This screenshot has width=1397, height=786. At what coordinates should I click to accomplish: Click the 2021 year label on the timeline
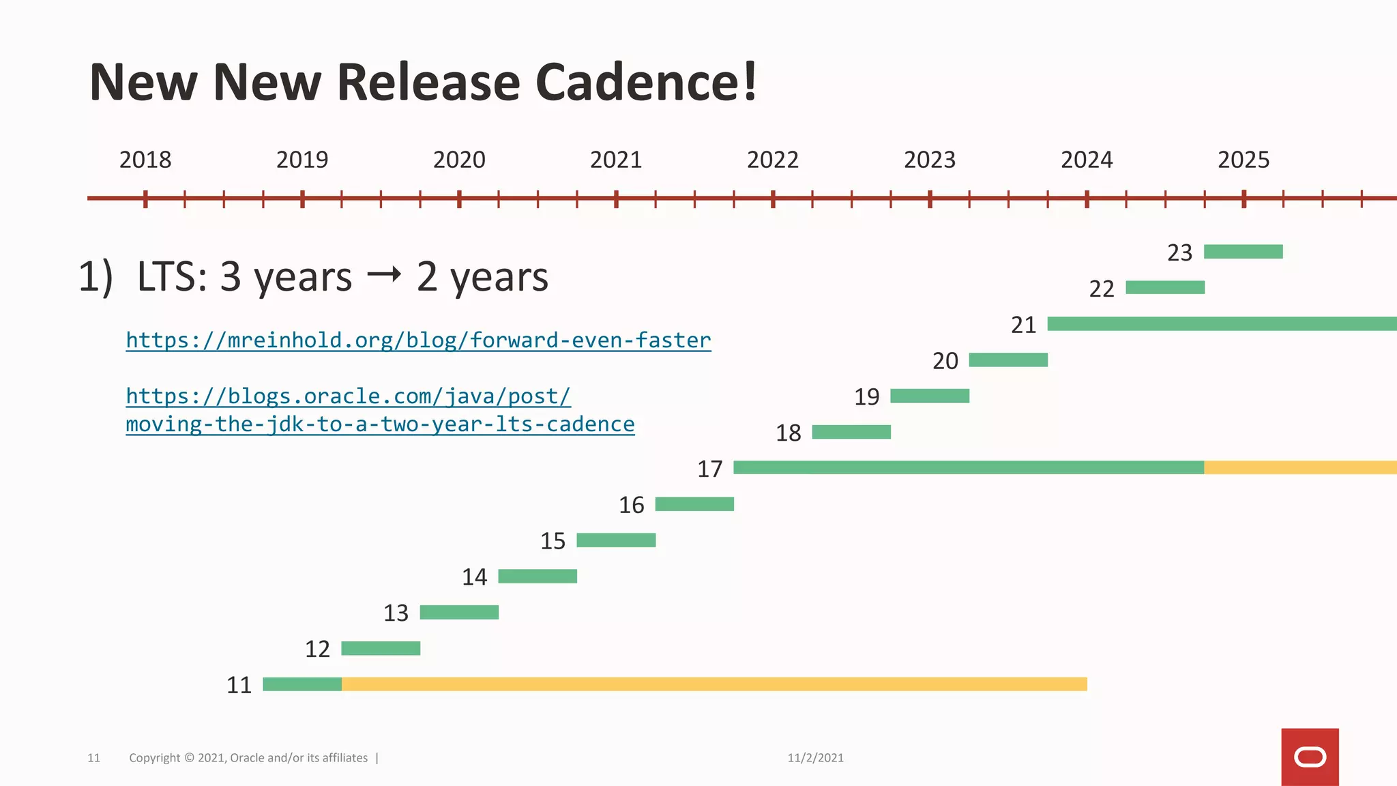click(616, 160)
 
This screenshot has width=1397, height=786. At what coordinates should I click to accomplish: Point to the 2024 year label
click(1087, 160)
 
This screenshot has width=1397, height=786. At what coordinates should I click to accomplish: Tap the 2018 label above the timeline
click(145, 160)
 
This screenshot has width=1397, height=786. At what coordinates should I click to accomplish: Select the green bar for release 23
click(1243, 252)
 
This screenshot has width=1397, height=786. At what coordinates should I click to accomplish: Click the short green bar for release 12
click(381, 648)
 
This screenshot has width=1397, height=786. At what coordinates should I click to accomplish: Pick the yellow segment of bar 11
click(714, 684)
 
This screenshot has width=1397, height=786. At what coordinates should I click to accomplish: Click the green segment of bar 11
click(302, 684)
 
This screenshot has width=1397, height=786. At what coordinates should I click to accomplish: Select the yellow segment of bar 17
click(1299, 467)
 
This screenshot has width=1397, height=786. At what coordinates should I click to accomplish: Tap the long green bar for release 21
click(1221, 324)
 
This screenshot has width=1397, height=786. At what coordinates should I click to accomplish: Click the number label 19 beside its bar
click(867, 397)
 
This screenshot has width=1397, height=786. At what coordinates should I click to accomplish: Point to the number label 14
click(475, 577)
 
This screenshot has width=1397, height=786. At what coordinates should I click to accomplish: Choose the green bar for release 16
click(694, 504)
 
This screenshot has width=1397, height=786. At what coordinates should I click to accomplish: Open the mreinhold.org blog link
click(418, 340)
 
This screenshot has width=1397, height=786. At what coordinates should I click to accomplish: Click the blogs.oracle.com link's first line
click(348, 396)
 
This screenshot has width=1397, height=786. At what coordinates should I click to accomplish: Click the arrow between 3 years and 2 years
click(384, 275)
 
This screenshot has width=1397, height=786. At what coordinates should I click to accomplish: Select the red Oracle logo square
click(1310, 757)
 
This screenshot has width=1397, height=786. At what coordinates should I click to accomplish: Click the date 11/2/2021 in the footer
click(815, 758)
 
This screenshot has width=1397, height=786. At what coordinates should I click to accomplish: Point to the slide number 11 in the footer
click(93, 758)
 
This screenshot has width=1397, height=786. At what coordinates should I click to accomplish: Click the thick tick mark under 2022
click(773, 199)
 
